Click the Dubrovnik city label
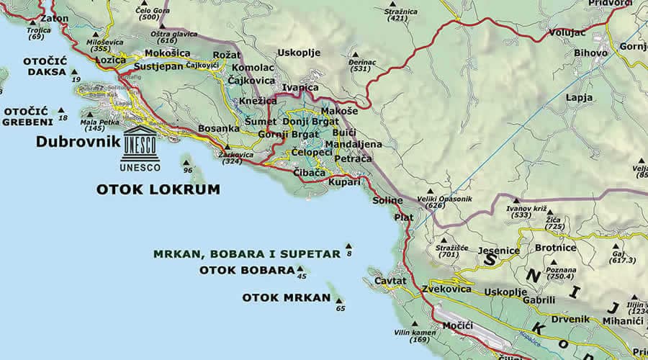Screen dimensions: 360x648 (77, 142)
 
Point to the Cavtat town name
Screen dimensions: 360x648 (391, 281)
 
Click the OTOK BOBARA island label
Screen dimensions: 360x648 (246, 271)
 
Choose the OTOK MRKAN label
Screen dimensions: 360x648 (286, 297)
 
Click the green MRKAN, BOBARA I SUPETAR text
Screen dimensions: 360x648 (246, 253)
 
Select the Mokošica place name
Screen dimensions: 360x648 (167, 53)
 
